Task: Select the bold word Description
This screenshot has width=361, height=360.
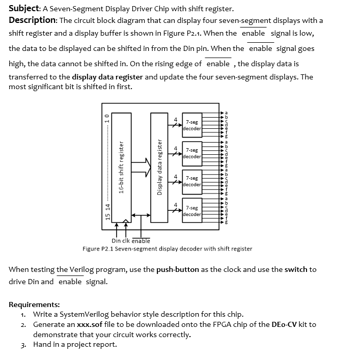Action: [x=32, y=20]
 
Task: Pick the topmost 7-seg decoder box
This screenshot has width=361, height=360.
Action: [x=192, y=125]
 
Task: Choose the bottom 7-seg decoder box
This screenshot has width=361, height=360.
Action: [x=192, y=211]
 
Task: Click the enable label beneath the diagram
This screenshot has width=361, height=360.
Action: [x=141, y=241]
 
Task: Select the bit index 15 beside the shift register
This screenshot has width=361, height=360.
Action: [x=107, y=216]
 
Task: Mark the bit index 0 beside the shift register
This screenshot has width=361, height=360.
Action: [x=107, y=116]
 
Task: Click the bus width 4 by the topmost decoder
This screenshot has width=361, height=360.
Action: [x=176, y=120]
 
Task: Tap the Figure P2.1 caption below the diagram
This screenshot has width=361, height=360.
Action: [x=167, y=248]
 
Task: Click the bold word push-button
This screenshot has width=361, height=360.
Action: [x=178, y=269]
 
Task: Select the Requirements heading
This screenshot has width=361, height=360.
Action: [x=34, y=304]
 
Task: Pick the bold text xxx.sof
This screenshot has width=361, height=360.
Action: [x=91, y=324]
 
